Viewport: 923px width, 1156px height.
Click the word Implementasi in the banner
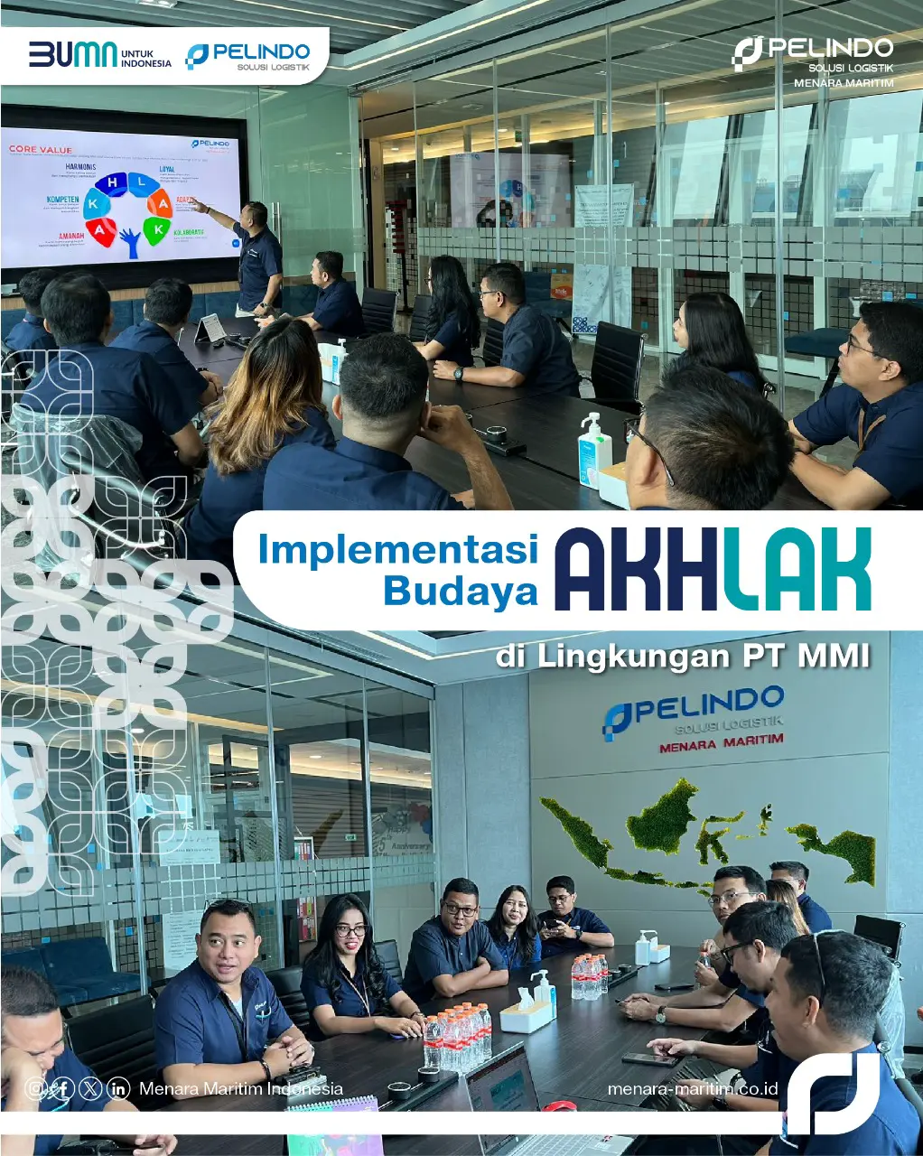coord(397,549)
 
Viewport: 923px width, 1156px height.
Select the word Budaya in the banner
coord(460,591)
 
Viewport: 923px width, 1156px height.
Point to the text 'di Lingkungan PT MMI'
coord(682,657)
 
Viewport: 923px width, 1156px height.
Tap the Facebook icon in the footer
coord(62,1088)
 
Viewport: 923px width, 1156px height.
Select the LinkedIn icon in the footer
coord(118,1088)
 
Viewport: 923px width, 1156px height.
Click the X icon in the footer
coord(90,1088)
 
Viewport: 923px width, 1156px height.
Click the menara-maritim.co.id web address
coord(693,1088)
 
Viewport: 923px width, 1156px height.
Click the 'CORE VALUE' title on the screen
coord(41,149)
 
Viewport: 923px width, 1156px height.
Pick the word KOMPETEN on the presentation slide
coord(62,200)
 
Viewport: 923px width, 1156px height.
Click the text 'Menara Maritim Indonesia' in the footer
coord(240,1088)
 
